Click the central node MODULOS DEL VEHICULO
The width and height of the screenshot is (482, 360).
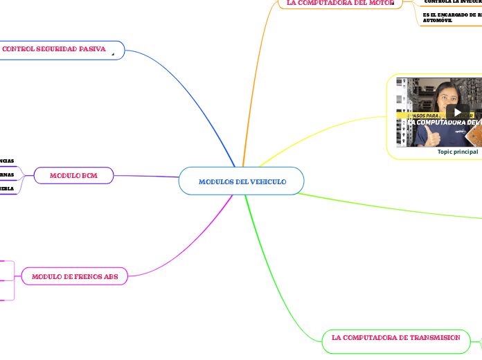(x=242, y=181)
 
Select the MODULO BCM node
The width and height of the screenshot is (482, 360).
(x=73, y=176)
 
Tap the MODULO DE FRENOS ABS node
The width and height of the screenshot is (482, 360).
(x=74, y=276)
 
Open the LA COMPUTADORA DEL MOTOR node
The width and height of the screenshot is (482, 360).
(x=336, y=3)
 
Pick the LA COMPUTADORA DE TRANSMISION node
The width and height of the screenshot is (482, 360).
(x=396, y=338)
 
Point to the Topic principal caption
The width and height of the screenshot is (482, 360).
(x=458, y=152)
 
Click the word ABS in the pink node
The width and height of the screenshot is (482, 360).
(x=110, y=276)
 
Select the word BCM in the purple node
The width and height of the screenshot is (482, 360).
(x=89, y=176)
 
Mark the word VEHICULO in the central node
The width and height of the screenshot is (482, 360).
(x=267, y=181)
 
